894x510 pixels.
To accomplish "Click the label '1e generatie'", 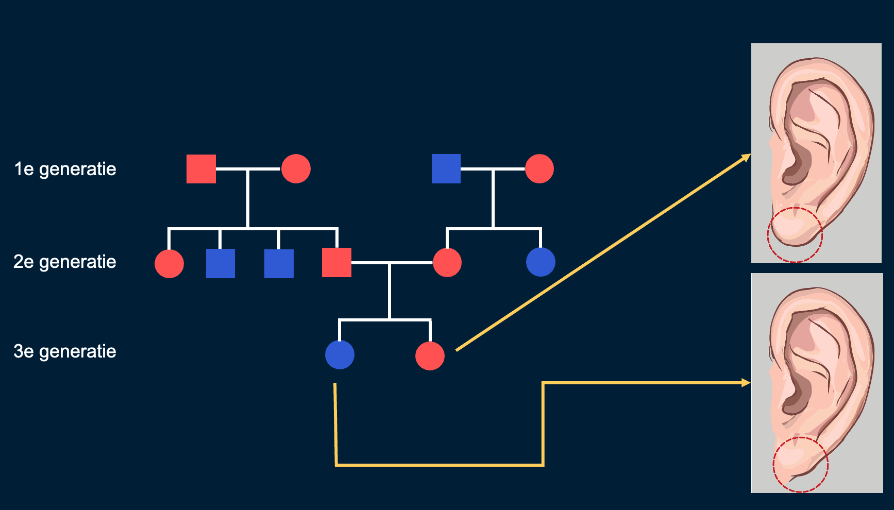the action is tap(65, 169).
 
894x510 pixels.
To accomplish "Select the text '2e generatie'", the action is tap(65, 262).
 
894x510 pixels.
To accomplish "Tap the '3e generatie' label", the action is tap(65, 351).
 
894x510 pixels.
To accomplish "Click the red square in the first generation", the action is tap(201, 169).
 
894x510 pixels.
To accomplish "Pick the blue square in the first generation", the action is tap(446, 169).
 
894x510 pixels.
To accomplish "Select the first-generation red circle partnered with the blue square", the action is tap(539, 169).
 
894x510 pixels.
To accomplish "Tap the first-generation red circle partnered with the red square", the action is tap(296, 169).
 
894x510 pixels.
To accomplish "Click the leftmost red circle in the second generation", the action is tap(169, 264).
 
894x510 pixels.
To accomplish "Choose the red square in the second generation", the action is tap(336, 263).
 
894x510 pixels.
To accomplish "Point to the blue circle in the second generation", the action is tap(541, 262).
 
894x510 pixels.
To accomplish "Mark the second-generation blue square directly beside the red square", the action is tap(279, 264).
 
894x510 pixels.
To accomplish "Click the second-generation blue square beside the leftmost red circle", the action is tap(221, 264).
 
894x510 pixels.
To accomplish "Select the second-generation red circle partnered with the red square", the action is tap(447, 263).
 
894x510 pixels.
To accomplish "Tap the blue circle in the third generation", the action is tap(340, 355).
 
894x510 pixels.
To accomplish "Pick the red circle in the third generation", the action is tap(430, 356).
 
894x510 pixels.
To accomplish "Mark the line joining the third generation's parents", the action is tap(392, 263).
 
